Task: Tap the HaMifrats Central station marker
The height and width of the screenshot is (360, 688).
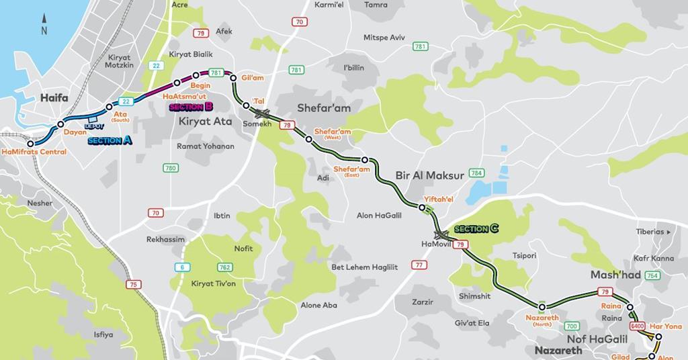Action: (30, 143)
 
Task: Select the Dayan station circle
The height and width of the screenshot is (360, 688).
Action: (60, 124)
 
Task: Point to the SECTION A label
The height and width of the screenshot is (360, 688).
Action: (110, 141)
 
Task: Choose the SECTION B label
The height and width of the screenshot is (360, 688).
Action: (191, 107)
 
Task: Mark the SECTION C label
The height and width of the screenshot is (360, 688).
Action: (476, 229)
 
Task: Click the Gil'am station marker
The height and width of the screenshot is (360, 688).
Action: (233, 78)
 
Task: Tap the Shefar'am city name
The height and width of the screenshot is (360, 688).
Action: (324, 108)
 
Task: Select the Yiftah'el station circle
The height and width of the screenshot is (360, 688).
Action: (422, 208)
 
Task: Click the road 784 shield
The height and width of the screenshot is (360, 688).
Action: (477, 173)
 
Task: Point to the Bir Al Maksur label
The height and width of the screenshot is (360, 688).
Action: (430, 176)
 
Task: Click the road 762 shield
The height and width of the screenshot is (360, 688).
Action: (224, 267)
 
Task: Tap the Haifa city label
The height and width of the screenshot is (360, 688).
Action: (54, 98)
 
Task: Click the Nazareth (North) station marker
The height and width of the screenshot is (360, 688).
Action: (542, 307)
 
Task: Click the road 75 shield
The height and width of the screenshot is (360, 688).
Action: (134, 285)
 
